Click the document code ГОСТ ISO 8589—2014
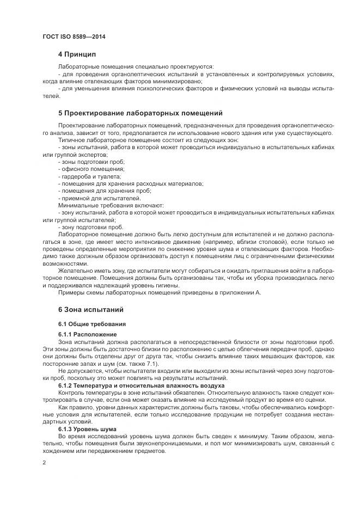point(74,36)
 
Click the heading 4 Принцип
point(77,54)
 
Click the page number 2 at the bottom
point(44,463)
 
